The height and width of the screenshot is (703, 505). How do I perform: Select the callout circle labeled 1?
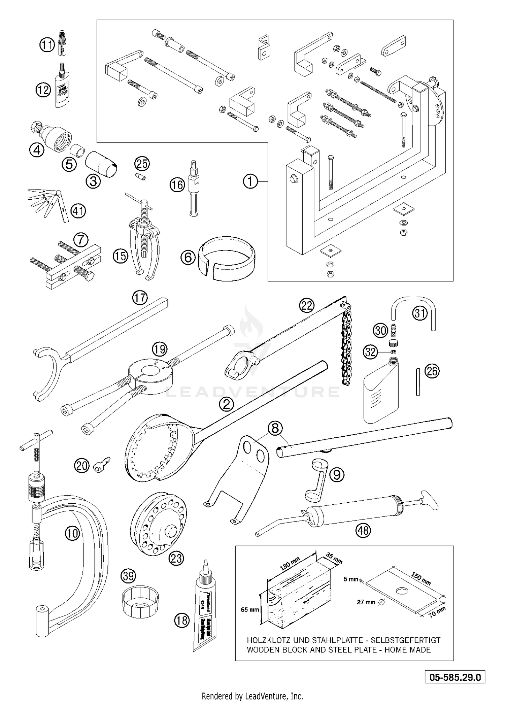250,182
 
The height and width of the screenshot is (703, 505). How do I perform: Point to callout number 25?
142,164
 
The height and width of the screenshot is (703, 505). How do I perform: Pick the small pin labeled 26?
417,382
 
